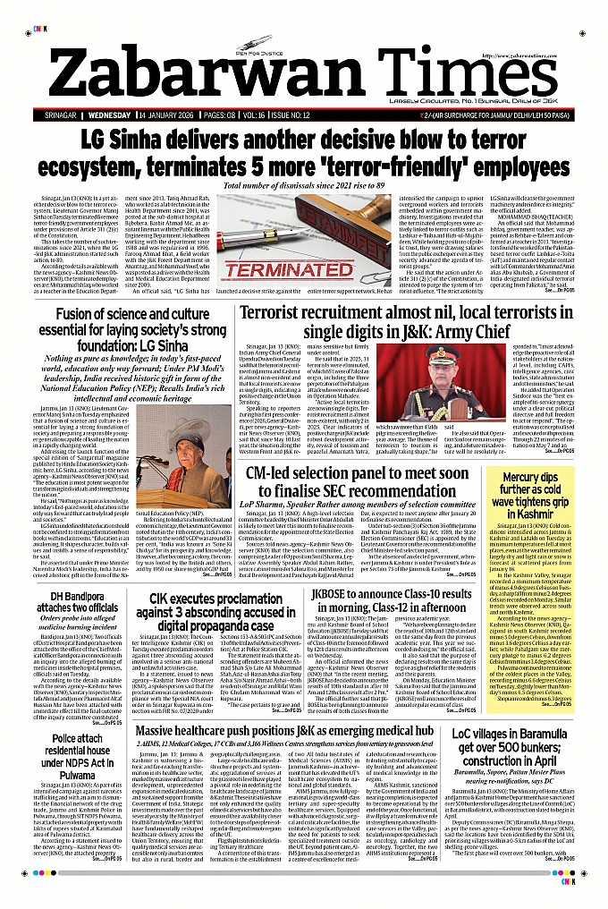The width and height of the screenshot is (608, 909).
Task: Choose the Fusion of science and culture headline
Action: coord(132,328)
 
